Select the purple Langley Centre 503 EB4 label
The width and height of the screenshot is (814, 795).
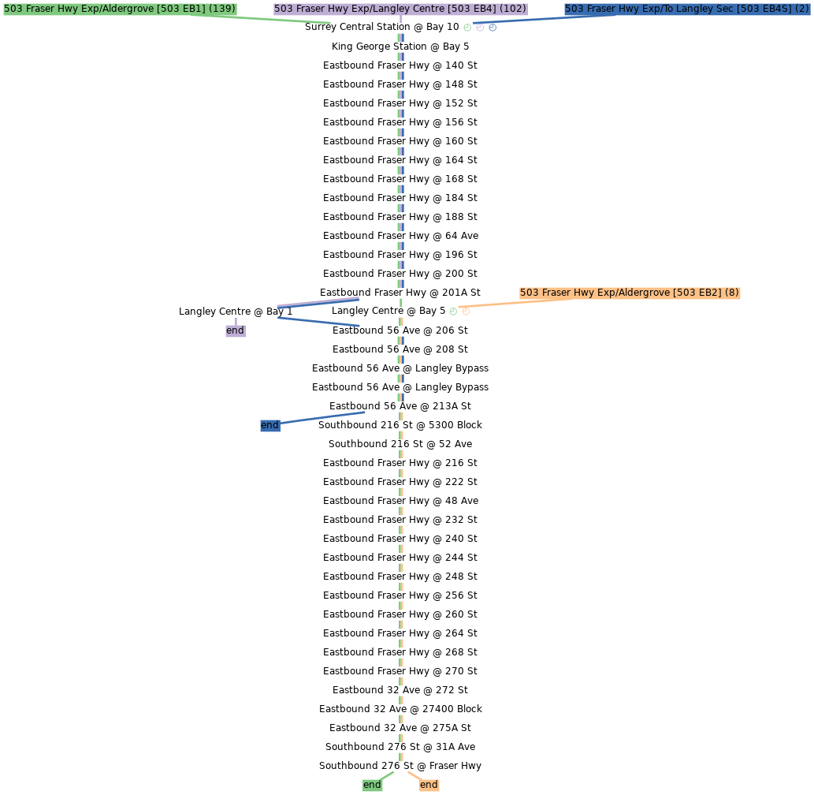[400, 9]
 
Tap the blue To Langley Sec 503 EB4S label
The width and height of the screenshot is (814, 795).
[687, 9]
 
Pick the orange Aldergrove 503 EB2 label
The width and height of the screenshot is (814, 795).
[629, 293]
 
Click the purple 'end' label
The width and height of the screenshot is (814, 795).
[235, 330]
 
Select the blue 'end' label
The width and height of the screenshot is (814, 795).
[269, 425]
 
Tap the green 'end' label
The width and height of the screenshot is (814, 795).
[372, 785]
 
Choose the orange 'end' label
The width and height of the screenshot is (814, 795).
[429, 785]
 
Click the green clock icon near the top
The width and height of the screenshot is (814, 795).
[467, 28]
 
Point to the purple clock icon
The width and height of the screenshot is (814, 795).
[480, 28]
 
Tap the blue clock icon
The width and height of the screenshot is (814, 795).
[492, 28]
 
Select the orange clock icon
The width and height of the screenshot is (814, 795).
[466, 312]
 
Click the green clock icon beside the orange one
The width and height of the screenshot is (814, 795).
[453, 312]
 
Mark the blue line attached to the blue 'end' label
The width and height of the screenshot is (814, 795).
[323, 417]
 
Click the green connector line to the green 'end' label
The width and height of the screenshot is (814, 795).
[387, 775]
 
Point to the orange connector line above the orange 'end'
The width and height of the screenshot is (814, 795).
[414, 775]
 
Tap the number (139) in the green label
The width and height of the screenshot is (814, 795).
[221, 9]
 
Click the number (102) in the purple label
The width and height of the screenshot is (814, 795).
[513, 9]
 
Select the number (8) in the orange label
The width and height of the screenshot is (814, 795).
[731, 293]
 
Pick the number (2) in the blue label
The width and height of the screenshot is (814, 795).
[802, 9]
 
